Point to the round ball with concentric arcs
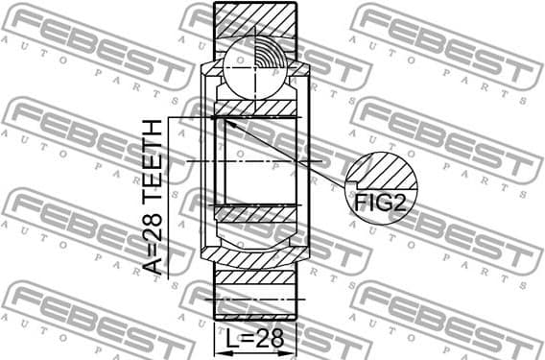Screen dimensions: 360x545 tap(255, 64)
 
